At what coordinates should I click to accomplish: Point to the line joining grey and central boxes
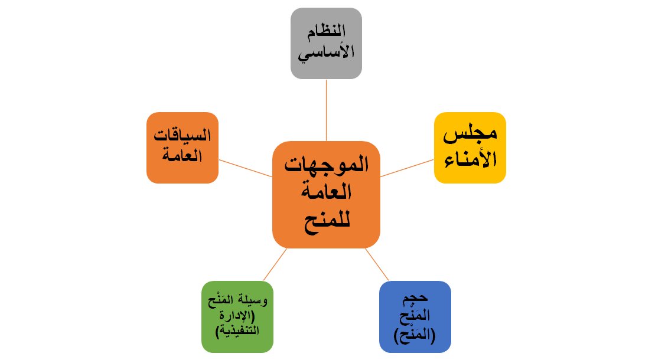click(326, 110)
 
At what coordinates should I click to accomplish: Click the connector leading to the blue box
click(377, 264)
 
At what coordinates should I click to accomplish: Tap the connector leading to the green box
click(275, 264)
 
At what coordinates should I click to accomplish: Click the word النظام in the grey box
click(326, 34)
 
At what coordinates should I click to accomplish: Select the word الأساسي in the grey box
click(326, 53)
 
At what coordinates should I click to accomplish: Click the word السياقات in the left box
click(182, 138)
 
